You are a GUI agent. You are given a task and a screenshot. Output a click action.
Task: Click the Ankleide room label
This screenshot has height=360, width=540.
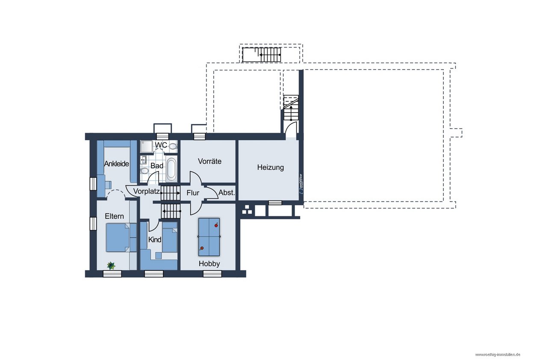coord(116,164)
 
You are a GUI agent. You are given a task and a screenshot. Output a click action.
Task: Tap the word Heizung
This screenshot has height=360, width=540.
coord(270,167)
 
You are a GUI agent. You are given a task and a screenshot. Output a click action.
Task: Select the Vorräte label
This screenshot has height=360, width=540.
coord(210,161)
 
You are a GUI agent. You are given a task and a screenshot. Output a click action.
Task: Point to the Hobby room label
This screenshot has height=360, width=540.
coord(209,263)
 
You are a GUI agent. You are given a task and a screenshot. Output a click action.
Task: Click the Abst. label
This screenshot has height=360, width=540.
coord(227,193)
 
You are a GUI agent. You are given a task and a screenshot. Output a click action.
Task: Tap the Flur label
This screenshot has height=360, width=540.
coord(193,193)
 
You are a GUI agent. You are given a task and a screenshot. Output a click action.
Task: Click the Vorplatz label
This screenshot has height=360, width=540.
coord(147,192)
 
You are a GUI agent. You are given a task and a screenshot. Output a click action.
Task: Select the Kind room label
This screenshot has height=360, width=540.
coord(155,240)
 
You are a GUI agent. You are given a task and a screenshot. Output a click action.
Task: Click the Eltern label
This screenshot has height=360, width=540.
coord(114,216)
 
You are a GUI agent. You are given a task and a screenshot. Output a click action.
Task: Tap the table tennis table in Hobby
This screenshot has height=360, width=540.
coord(209,237)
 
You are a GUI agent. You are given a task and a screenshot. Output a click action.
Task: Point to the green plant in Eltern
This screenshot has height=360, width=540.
coord(111,266)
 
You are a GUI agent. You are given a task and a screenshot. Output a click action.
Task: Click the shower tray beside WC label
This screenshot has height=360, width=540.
coord(147,146)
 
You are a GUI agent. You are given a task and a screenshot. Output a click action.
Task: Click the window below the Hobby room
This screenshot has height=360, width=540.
coord(212,274)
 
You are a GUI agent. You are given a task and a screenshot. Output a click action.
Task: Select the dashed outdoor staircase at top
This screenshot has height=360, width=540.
coord(262,55)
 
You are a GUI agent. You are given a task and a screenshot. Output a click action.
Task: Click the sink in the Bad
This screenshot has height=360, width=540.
coord(143,159)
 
